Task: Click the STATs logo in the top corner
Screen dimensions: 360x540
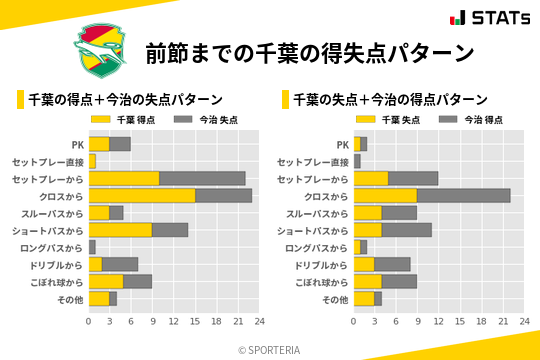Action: (x=490, y=18)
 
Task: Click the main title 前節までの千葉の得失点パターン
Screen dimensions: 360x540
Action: (x=309, y=53)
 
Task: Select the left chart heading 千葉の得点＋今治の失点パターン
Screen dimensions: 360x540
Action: (x=125, y=100)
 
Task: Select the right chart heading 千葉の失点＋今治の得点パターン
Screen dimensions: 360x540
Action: (x=390, y=100)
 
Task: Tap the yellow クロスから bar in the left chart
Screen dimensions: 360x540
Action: (x=142, y=196)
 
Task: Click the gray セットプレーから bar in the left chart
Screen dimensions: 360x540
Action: (x=202, y=178)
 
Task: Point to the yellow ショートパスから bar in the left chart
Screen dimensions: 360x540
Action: (x=120, y=230)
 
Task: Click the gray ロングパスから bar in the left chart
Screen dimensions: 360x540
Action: (x=92, y=247)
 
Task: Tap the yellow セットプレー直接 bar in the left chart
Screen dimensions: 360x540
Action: (x=92, y=161)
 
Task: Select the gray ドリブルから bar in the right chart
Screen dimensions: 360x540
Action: (x=392, y=265)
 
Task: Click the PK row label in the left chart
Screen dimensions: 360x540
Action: (x=77, y=144)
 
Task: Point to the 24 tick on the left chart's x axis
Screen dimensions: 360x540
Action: (x=259, y=321)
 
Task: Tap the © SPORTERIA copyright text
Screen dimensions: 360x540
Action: (x=270, y=349)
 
